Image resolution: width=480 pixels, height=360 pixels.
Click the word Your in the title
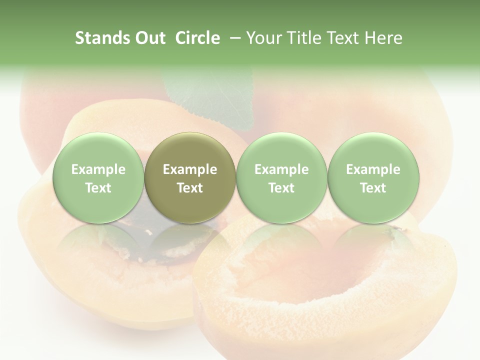[x=263, y=38]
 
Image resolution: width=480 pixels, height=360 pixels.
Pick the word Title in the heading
[x=303, y=38]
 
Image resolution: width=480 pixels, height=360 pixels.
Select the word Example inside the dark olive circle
[x=190, y=169]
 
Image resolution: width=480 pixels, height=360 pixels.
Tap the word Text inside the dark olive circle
[x=190, y=188]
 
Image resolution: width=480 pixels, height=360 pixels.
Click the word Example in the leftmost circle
[x=98, y=169]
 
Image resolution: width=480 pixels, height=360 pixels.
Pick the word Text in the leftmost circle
[x=98, y=188]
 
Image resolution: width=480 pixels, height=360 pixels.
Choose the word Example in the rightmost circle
[x=373, y=169]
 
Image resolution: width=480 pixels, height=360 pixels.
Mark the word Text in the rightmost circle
[x=373, y=188]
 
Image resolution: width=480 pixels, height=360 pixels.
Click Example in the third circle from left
[x=281, y=169]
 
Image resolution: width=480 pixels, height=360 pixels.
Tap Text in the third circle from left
[x=281, y=188]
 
